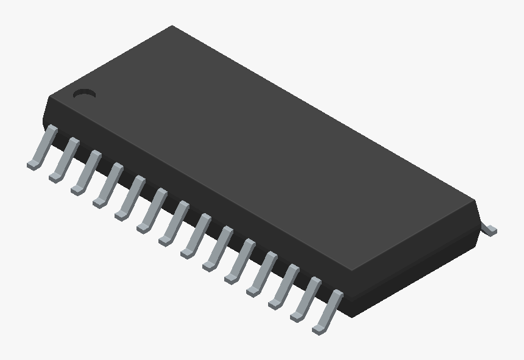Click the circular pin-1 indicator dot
[85, 94]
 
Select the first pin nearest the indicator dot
[44, 146]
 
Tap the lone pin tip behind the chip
[489, 230]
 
